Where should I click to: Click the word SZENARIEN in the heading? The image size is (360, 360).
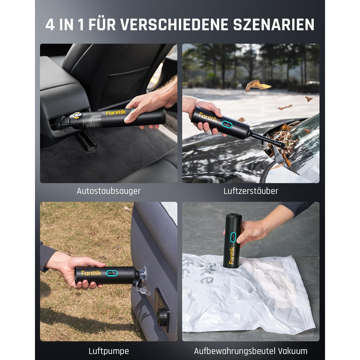tap(274, 24)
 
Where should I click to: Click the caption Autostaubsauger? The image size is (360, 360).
tap(109, 191)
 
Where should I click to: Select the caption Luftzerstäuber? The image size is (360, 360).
tap(251, 191)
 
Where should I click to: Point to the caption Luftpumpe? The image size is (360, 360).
tap(109, 351)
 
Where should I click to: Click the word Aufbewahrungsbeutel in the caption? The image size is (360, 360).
tap(234, 351)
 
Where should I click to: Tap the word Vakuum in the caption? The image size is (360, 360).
tap(293, 351)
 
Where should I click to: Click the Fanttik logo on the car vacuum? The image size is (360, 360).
tap(116, 113)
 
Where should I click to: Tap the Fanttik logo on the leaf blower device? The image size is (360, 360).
tap(208, 117)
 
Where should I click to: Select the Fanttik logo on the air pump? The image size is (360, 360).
tap(91, 273)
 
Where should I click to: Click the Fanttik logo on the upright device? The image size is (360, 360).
tap(231, 256)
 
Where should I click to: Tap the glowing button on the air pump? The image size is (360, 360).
tap(112, 273)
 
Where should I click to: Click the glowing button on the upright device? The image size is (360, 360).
tap(233, 238)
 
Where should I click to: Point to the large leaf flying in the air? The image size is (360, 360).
tap(257, 85)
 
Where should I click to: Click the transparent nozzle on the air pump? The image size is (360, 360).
tap(142, 281)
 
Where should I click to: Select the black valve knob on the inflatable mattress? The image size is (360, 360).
tap(164, 317)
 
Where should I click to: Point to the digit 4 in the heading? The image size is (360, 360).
tap(50, 24)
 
